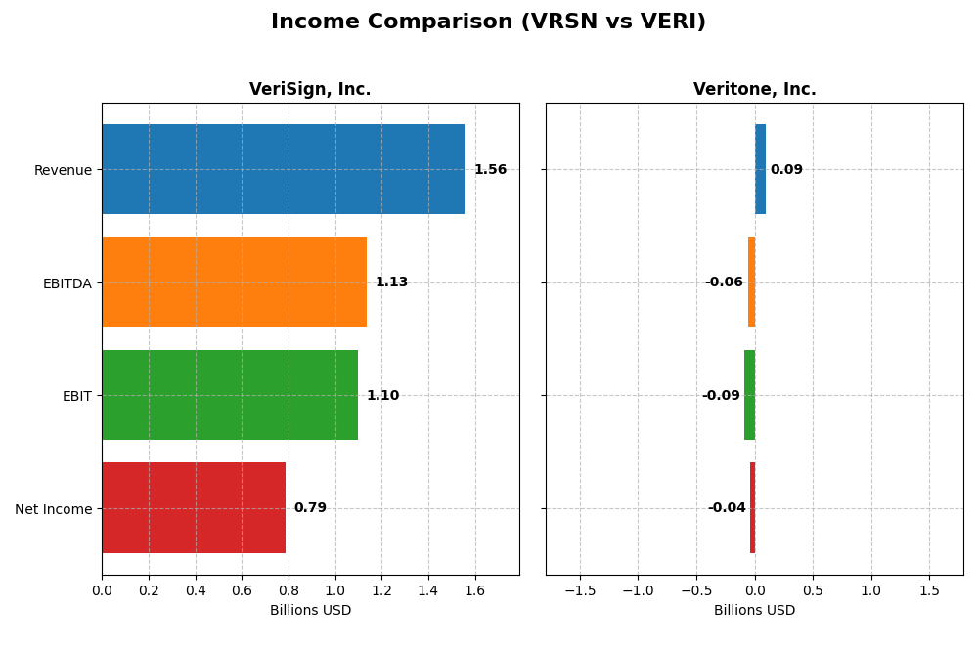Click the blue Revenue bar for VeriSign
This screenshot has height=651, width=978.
pyautogui.click(x=283, y=169)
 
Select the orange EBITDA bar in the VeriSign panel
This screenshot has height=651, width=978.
pyautogui.click(x=234, y=282)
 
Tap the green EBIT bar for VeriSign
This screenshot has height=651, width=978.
pyautogui.click(x=229, y=395)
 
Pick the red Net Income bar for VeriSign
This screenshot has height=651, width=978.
pyautogui.click(x=193, y=507)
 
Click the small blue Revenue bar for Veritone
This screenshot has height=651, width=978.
pyautogui.click(x=760, y=169)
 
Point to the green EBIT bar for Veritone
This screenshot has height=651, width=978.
pyautogui.click(x=749, y=395)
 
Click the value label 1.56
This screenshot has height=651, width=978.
pyautogui.click(x=490, y=170)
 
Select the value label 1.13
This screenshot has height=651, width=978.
pyautogui.click(x=391, y=282)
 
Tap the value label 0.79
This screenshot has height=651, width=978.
pyautogui.click(x=310, y=508)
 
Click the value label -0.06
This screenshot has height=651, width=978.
pyautogui.click(x=724, y=282)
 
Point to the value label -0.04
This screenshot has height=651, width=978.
pyautogui.click(x=727, y=508)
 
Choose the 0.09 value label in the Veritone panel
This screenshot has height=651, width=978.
pyautogui.click(x=786, y=170)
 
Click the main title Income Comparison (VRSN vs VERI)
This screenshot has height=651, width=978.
pyautogui.click(x=488, y=22)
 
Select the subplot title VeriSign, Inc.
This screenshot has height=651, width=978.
pyautogui.click(x=310, y=90)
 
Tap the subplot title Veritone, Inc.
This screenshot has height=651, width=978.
pyautogui.click(x=754, y=90)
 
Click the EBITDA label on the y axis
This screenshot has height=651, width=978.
pyautogui.click(x=67, y=283)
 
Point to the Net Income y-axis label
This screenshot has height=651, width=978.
pyautogui.click(x=53, y=509)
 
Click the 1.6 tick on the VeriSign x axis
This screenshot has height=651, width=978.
pyautogui.click(x=475, y=590)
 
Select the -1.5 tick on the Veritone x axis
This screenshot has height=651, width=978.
pyautogui.click(x=580, y=590)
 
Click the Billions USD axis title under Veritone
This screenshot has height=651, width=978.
pyautogui.click(x=754, y=610)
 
